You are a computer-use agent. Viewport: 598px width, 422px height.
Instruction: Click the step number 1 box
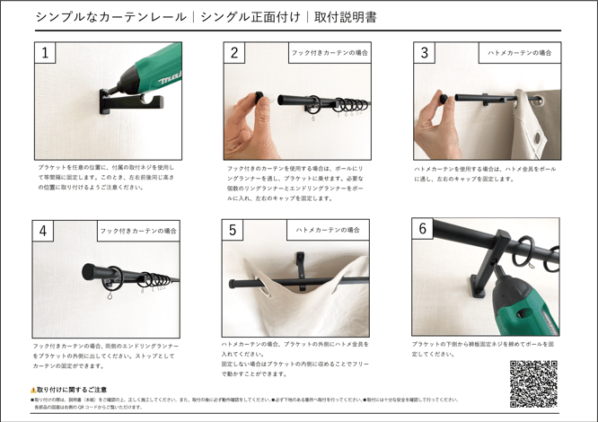pyautogui.click(x=44, y=54)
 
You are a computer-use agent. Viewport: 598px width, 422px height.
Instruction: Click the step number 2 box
pyautogui.click(x=234, y=53)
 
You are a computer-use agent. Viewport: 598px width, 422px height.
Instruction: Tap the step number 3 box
pyautogui.click(x=424, y=53)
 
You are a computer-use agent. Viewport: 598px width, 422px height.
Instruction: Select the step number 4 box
pyautogui.click(x=43, y=230)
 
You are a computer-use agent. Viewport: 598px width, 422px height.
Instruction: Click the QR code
pyautogui.click(x=533, y=383)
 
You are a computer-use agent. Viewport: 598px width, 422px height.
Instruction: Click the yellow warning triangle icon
pyautogui.click(x=33, y=390)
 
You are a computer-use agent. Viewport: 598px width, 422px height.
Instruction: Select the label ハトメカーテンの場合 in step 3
pyautogui.click(x=518, y=53)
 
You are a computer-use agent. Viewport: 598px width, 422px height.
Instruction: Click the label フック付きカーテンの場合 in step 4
pyautogui.click(x=138, y=231)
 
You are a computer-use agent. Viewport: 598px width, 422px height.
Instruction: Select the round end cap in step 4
pyautogui.click(x=91, y=272)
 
